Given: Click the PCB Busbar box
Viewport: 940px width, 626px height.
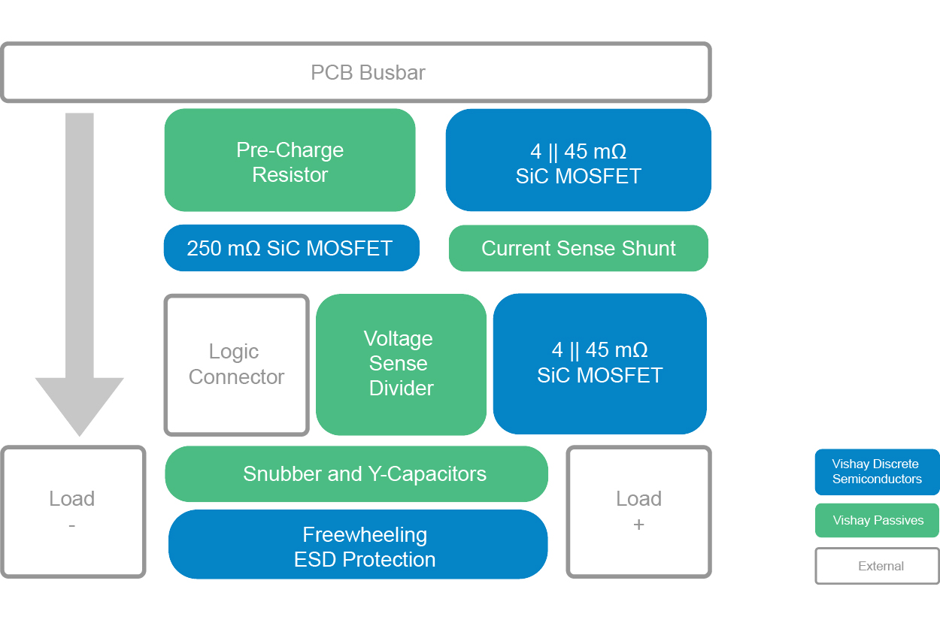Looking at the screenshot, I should coord(356,72).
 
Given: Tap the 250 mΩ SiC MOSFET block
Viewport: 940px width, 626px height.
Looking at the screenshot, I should coord(291,248).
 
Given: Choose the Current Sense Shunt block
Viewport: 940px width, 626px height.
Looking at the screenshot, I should coord(578,249).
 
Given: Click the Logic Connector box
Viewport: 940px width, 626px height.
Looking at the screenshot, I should coord(236,364).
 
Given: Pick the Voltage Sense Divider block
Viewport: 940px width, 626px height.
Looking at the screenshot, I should coord(401,364).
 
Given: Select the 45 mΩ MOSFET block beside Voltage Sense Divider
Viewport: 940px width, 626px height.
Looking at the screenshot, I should coord(599,364).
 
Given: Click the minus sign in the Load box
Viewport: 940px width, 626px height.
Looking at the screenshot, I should coord(72,525).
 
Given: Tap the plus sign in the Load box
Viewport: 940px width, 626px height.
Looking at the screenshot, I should coord(638,525).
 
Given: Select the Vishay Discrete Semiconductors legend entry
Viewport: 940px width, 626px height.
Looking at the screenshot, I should coord(877,472).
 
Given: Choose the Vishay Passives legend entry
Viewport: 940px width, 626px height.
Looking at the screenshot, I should coord(877,521).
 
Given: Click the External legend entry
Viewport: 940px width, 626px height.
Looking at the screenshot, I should coord(877,567).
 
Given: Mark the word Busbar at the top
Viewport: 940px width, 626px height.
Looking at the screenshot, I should coord(392,73).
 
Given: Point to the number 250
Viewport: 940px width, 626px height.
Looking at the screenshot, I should coord(203,249).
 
